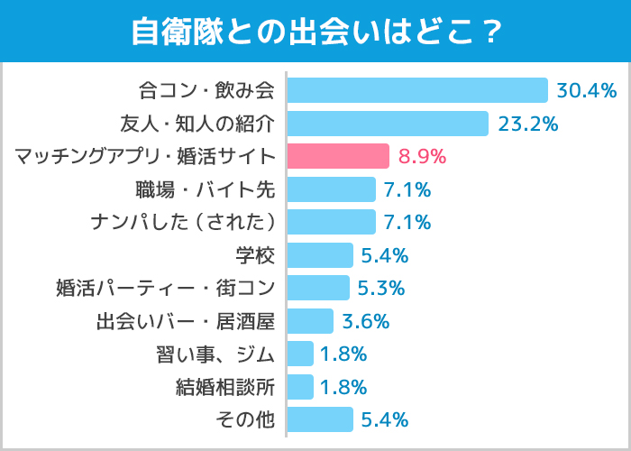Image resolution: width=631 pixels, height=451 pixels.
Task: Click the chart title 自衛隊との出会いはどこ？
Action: point(315,32)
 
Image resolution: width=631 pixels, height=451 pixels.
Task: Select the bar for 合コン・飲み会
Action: point(417,90)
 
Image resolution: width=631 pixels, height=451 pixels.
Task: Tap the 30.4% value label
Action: point(586,90)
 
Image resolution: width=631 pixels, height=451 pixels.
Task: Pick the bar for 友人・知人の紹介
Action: point(388,124)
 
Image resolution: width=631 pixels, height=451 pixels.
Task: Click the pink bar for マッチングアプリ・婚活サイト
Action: point(338,156)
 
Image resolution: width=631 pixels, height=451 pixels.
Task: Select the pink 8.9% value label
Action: point(422,156)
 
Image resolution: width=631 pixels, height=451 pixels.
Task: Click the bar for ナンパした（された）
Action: point(331,222)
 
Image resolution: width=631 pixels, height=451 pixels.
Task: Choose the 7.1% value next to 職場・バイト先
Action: point(407,189)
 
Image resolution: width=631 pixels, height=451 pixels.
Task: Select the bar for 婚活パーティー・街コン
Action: point(318,288)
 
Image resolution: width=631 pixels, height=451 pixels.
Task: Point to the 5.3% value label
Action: point(381,288)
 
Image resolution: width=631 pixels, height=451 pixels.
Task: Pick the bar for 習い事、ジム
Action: point(300,354)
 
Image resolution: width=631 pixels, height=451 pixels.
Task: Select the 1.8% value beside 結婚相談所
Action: point(343,387)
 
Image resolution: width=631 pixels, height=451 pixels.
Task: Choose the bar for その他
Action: point(320,419)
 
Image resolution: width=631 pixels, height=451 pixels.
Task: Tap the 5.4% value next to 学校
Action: point(385,255)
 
